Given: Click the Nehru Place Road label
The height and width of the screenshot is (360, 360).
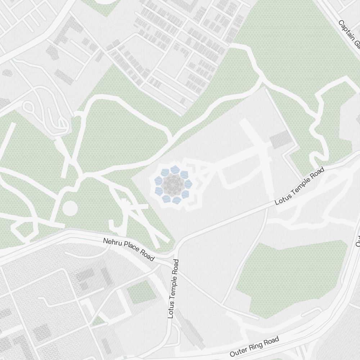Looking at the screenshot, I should pyautogui.click(x=129, y=249).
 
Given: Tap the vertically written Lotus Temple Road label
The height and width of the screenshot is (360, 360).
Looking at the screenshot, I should pyautogui.click(x=174, y=289).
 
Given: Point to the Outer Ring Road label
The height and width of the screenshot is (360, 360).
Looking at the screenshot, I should pyautogui.click(x=254, y=346).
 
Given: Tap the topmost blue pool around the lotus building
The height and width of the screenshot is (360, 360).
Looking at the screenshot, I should pyautogui.click(x=175, y=169).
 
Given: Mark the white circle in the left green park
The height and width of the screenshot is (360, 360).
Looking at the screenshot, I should pyautogui.click(x=70, y=208).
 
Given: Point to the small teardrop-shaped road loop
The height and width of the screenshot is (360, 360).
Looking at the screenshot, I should pyautogui.click(x=28, y=107).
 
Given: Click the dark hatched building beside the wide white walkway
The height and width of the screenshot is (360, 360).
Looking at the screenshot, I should pyautogui.click(x=280, y=139).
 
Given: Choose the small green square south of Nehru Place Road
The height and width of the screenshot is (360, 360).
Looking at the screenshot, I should pyautogui.click(x=141, y=292).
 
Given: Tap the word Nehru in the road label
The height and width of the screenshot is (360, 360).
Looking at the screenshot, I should pyautogui.click(x=112, y=243).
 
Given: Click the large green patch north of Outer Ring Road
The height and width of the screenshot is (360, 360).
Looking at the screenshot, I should pyautogui.click(x=288, y=277).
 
